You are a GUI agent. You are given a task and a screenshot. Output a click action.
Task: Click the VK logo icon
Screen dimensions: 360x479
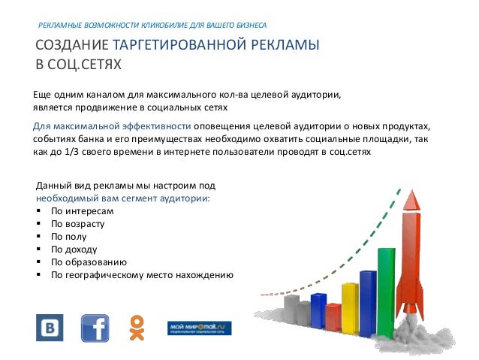click(50, 328)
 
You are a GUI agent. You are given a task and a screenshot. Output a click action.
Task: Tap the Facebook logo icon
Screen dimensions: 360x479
click(95, 328)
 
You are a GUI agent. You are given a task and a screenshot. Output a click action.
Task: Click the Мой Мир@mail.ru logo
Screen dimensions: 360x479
click(199, 328)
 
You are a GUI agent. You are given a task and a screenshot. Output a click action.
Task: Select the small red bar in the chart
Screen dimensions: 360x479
click(333, 316)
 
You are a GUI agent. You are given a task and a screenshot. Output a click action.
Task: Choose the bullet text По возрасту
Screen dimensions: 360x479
click(77, 223)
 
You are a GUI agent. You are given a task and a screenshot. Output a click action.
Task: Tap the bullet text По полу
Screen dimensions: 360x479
click(69, 236)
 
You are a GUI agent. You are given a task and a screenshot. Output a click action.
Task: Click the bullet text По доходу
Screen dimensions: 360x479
click(74, 249)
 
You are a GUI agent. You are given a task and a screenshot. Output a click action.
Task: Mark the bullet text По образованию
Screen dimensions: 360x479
click(89, 262)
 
